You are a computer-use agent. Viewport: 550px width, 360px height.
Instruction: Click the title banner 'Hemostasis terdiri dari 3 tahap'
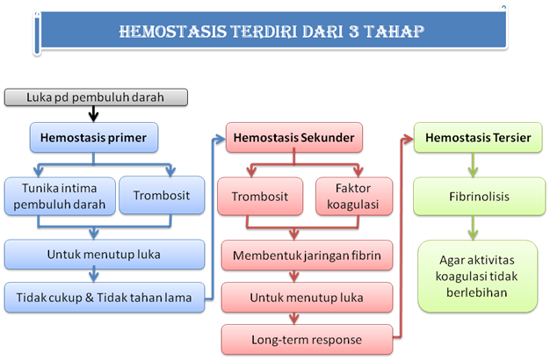tap(272, 32)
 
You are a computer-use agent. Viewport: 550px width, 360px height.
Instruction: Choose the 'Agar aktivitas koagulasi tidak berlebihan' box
tap(475, 277)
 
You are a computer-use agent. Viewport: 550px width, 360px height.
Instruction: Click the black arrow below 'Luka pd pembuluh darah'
tap(94, 112)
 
